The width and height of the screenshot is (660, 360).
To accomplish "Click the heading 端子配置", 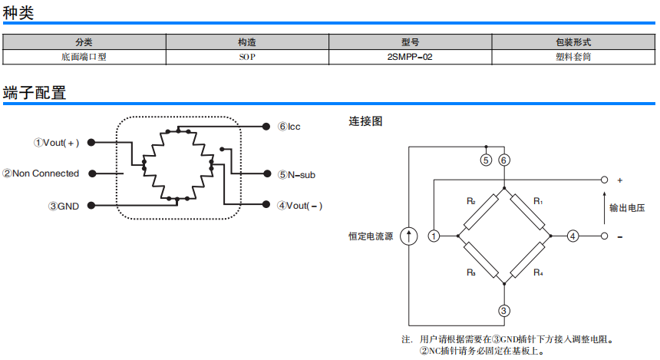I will point(35,94).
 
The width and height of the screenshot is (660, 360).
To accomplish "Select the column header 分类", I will point(84,42).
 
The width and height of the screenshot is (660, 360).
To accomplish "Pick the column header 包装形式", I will point(573,42).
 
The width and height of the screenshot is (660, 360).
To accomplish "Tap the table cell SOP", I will point(246,56).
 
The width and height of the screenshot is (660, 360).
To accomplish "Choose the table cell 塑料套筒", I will point(573,56).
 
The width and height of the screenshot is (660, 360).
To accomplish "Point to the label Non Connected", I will point(45,173).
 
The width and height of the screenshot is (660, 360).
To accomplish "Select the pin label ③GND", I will point(63,206).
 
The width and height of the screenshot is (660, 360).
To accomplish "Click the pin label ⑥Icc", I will point(289,126).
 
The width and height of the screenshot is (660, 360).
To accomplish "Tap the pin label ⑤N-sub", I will point(296,175).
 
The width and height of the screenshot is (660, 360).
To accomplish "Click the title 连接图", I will point(365,121).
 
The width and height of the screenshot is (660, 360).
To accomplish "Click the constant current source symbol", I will point(409,236).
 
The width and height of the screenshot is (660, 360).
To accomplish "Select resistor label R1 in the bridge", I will point(538,201).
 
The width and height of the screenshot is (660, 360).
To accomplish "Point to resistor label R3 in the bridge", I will point(470,272).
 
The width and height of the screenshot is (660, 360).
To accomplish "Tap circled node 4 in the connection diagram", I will point(573,236).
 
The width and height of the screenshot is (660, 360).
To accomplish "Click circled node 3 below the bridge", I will point(503,311).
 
